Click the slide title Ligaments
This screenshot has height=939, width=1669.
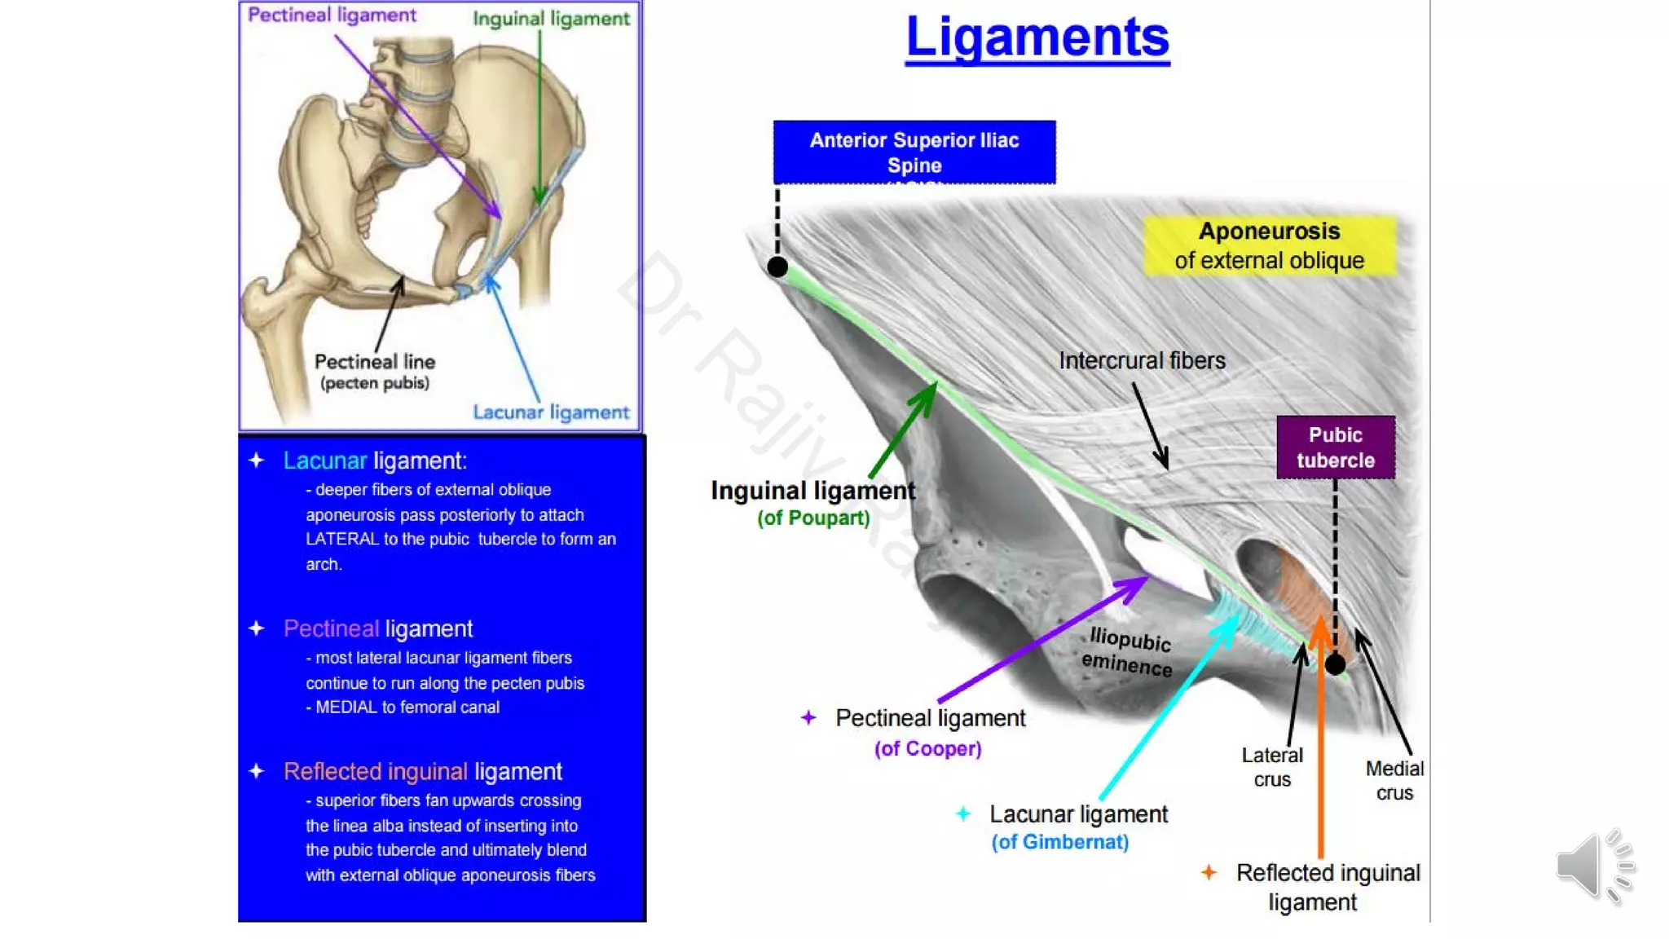click(x=1037, y=37)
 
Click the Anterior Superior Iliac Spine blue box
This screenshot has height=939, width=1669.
click(x=914, y=152)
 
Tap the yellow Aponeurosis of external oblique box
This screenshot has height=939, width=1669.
click(x=1269, y=245)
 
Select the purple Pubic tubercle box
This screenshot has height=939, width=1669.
click(x=1335, y=447)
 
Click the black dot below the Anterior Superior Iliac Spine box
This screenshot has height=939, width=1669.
click(x=777, y=267)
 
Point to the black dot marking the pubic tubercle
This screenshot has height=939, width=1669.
click(x=1335, y=664)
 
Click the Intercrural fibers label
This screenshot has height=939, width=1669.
click(x=1141, y=360)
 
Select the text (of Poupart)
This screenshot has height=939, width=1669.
click(x=813, y=518)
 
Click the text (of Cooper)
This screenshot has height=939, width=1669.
click(x=927, y=748)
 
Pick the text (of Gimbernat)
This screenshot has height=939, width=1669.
click(x=1059, y=842)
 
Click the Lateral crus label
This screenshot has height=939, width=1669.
click(x=1271, y=767)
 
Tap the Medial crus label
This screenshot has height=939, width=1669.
click(x=1394, y=780)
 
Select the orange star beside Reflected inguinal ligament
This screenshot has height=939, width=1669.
click(x=1209, y=873)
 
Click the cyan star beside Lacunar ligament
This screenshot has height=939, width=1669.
click(x=963, y=813)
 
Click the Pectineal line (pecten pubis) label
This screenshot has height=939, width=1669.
click(x=375, y=371)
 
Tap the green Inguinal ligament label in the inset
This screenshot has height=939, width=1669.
click(x=551, y=19)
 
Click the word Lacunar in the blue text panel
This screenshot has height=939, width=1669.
click(x=324, y=461)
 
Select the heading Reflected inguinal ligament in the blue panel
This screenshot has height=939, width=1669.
click(x=422, y=771)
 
